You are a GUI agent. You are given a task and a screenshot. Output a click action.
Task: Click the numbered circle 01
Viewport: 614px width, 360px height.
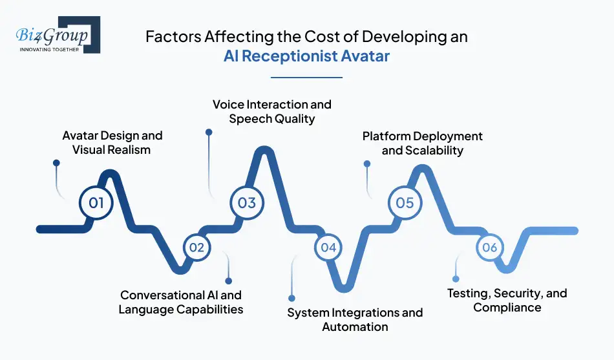click(96, 203)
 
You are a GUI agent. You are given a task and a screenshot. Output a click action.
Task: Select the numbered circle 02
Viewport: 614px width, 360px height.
click(196, 248)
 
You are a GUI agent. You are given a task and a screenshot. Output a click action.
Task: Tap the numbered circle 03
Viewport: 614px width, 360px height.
click(247, 203)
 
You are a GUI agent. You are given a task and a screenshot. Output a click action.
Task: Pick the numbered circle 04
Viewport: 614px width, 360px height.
click(328, 248)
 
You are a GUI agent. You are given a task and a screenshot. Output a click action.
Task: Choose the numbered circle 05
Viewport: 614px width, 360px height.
click(405, 203)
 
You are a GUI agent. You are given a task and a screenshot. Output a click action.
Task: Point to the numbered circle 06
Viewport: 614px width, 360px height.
click(489, 248)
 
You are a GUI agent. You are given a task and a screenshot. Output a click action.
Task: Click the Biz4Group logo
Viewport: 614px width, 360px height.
click(54, 34)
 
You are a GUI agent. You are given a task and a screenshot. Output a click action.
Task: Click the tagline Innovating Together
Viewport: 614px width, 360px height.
click(49, 49)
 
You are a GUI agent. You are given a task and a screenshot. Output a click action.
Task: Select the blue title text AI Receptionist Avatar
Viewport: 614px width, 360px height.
click(306, 56)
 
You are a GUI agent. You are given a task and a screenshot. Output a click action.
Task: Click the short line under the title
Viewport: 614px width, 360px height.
click(306, 78)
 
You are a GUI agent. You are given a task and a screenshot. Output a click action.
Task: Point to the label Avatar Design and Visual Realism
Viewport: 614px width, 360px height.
click(112, 142)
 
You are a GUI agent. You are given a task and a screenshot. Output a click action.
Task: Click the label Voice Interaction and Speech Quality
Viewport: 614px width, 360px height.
click(271, 111)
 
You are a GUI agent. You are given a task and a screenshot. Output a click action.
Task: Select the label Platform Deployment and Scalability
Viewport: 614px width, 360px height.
click(422, 143)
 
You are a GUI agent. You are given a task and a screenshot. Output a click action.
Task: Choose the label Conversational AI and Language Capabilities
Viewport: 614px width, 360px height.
click(181, 302)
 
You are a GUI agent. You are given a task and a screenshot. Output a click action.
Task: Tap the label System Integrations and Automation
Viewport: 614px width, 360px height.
click(355, 319)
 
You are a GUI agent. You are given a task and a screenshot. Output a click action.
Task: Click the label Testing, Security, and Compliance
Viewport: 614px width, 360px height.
click(507, 300)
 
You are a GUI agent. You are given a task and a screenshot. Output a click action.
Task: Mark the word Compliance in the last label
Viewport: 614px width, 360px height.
click(507, 308)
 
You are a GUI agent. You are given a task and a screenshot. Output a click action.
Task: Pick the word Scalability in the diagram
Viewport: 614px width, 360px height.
click(434, 151)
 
